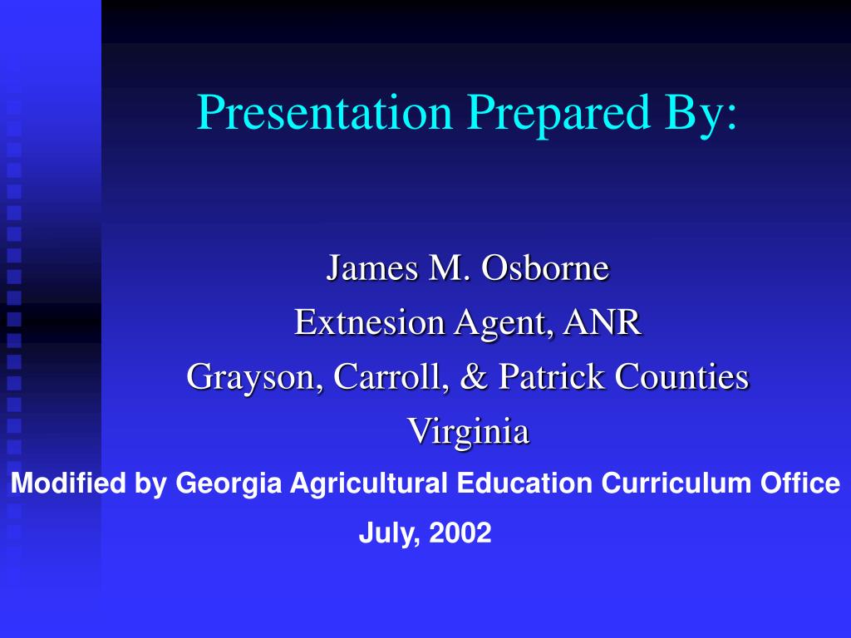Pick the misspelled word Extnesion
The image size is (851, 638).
tap(369, 322)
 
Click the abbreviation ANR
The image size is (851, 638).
tap(602, 322)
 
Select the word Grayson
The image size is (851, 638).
tap(254, 376)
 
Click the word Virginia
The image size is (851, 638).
tap(468, 431)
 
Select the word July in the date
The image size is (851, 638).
tap(383, 533)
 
